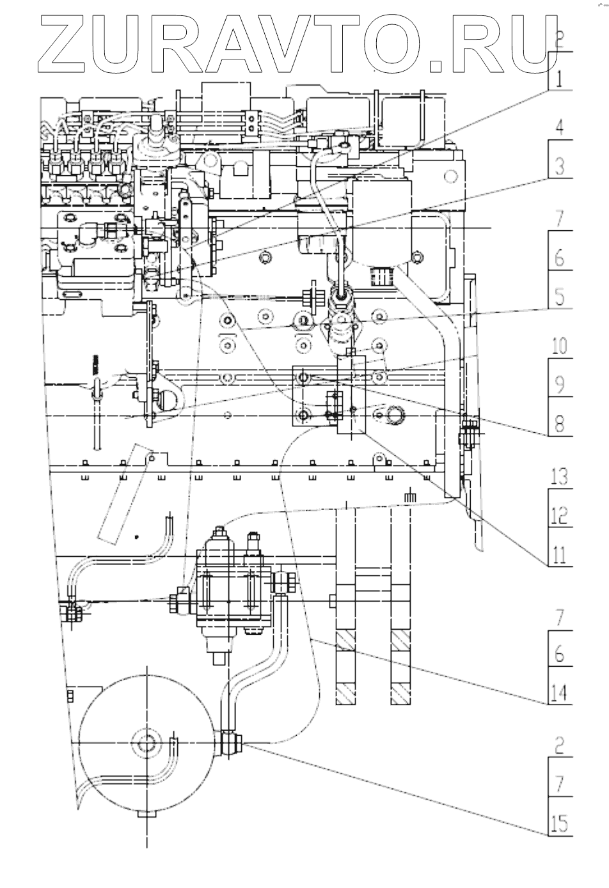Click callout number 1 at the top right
click(558, 80)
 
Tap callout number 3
click(559, 167)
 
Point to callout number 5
click(559, 297)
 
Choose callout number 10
click(559, 347)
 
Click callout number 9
click(559, 385)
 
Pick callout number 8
click(559, 423)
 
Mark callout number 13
click(559, 477)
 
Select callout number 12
click(559, 515)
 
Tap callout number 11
click(559, 554)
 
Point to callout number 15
click(559, 823)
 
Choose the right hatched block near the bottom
click(401, 667)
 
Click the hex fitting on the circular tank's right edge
click(230, 743)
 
